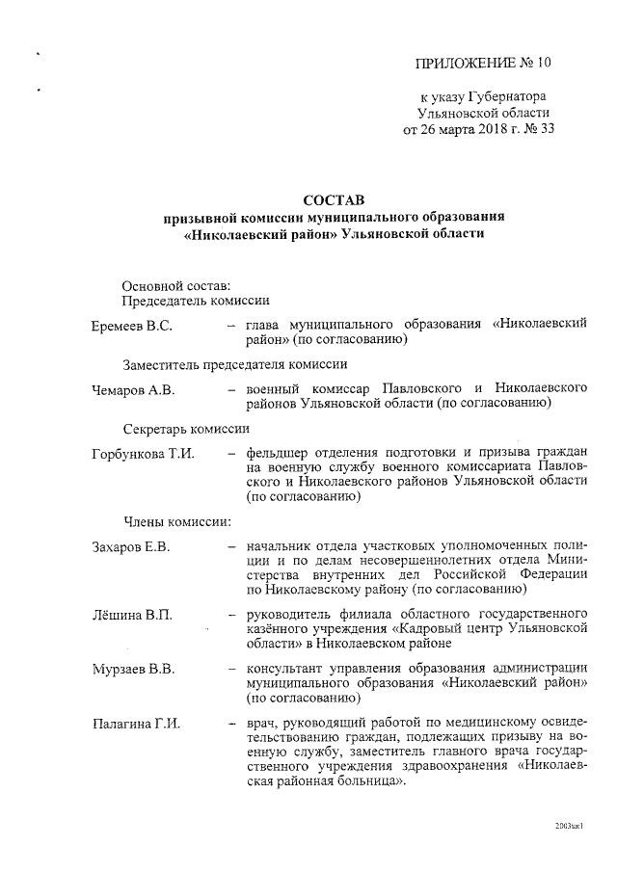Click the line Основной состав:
point(176,285)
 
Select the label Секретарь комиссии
point(186,428)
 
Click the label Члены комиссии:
point(175,522)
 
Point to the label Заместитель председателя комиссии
point(228,364)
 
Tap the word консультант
point(287,668)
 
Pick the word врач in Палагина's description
point(261,723)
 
